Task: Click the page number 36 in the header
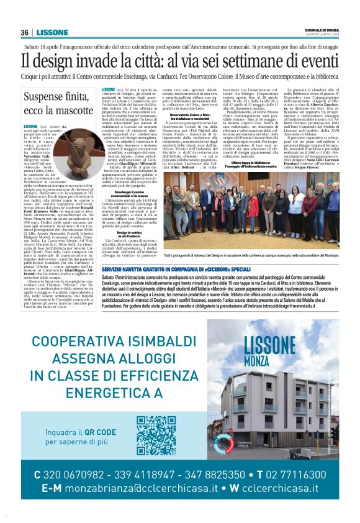[25, 32]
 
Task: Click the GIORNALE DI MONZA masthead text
[323, 30]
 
